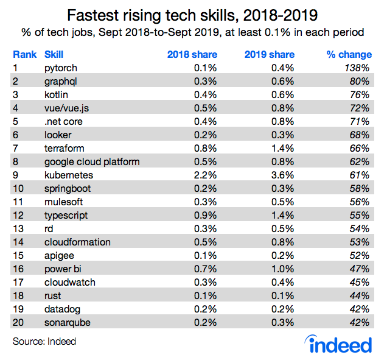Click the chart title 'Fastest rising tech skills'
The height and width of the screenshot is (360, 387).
click(193, 14)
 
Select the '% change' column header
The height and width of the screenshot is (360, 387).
click(347, 54)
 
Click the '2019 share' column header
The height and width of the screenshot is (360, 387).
click(270, 54)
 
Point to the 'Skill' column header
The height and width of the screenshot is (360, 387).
click(54, 54)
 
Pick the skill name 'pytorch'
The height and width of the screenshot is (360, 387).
click(61, 68)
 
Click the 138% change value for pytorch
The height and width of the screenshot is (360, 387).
click(357, 68)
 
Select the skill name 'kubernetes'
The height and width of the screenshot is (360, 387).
click(68, 175)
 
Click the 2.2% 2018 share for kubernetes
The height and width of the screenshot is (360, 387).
click(204, 175)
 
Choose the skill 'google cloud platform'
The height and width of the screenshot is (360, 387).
click(92, 161)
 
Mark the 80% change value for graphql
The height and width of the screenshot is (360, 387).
click(359, 81)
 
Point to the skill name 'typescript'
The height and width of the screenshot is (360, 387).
click(66, 215)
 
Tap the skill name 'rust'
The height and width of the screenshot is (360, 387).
click(53, 295)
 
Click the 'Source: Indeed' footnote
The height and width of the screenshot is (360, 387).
click(44, 341)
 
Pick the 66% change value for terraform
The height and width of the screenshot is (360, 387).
click(359, 148)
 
